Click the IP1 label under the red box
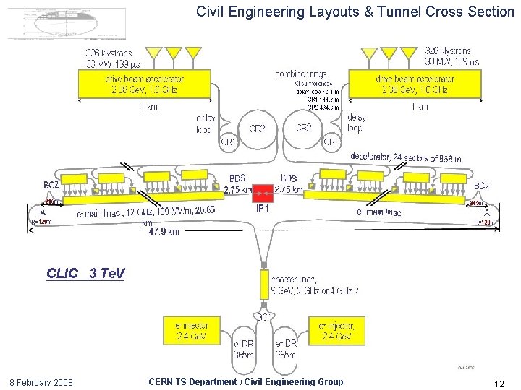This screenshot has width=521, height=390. pos(262,209)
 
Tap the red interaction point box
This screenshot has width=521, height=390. pos(262,194)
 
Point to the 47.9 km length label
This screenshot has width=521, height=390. pos(164,232)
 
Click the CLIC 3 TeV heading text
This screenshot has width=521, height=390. pos(85,274)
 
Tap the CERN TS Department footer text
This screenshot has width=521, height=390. pos(245,381)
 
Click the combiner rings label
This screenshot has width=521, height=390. pos(301,74)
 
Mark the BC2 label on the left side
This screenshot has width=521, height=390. pos(51,186)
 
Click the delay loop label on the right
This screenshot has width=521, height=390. pos(357,123)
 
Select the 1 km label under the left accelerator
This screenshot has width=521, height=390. pos(148,108)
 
